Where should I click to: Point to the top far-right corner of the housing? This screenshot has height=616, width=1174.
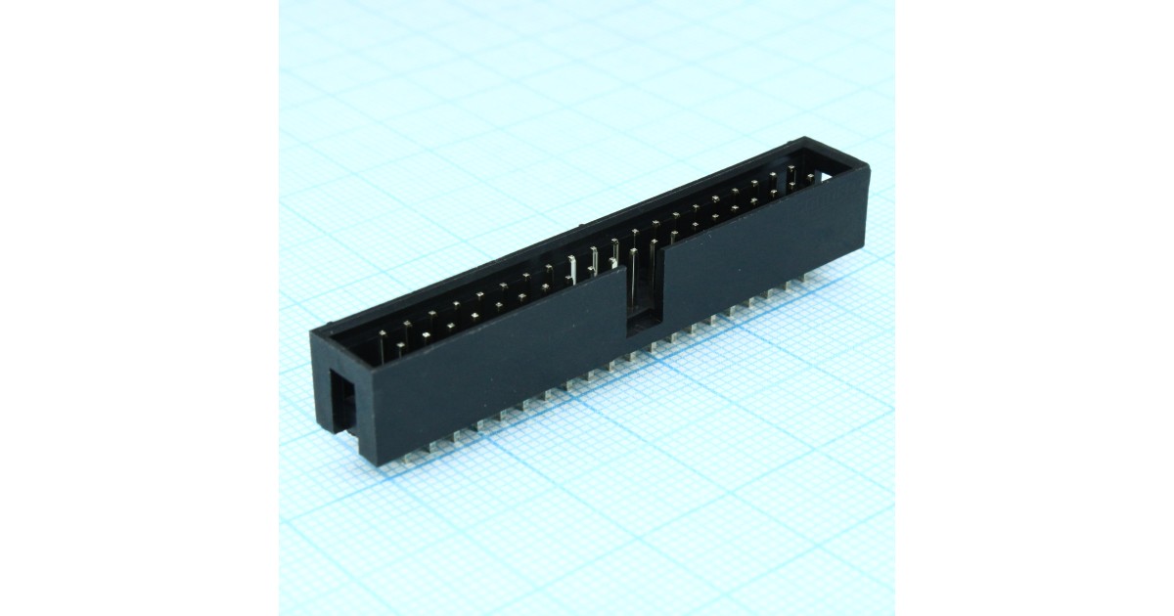point(867,166)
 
